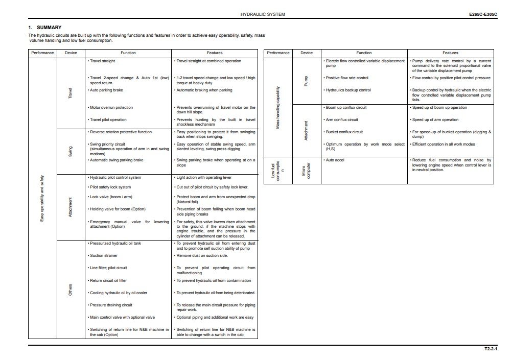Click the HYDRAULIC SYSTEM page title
click(x=263, y=15)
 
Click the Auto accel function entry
click(x=335, y=160)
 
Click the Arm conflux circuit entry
click(x=342, y=119)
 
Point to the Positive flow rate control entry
click(x=346, y=78)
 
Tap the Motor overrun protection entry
click(x=111, y=107)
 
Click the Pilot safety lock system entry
click(x=109, y=187)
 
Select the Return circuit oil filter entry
click(x=108, y=280)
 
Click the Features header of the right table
click(x=450, y=53)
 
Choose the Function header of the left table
click(x=128, y=53)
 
